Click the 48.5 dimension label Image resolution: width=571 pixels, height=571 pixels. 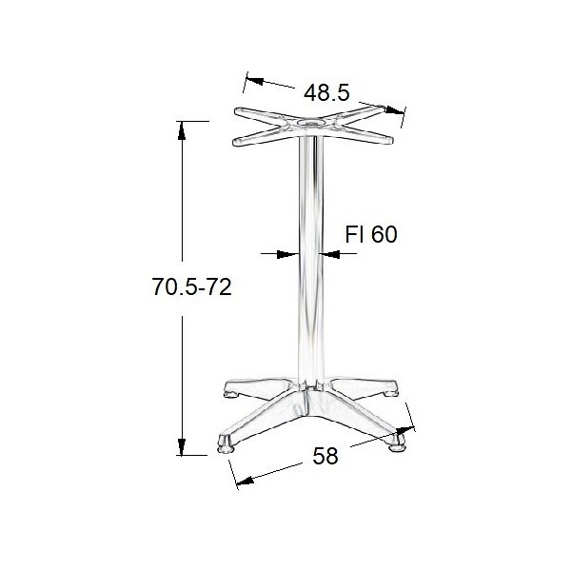[327, 92]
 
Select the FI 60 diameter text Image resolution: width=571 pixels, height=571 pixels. [370, 235]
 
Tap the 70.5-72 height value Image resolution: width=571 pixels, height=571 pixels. [192, 286]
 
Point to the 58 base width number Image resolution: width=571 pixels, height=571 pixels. [326, 456]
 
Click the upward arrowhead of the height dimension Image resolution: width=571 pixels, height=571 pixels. [181, 128]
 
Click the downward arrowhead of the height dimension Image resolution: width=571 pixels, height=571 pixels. [181, 447]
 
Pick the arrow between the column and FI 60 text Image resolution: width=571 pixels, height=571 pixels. [329, 254]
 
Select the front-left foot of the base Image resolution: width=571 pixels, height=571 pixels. [226, 443]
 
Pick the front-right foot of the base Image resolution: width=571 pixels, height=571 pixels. [394, 442]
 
